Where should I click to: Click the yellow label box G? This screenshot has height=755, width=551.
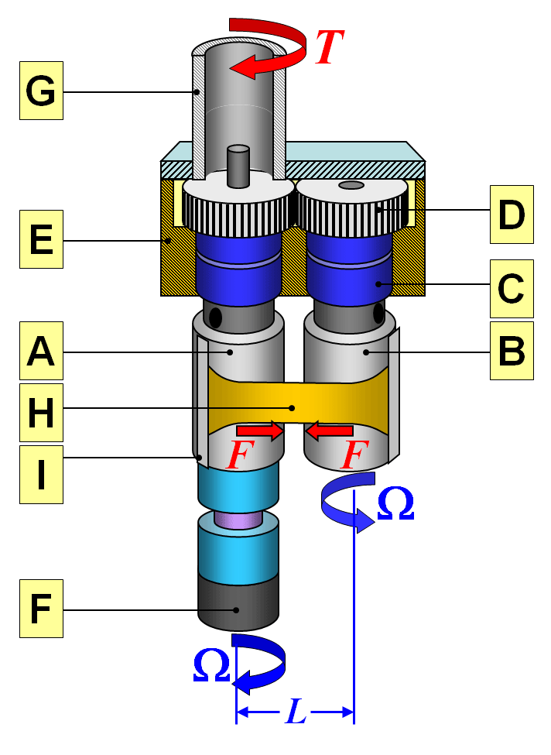click(x=41, y=92)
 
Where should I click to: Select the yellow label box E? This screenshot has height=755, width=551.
click(x=41, y=241)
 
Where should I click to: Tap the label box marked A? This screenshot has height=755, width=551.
click(x=41, y=352)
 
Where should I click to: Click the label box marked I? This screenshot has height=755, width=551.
click(x=41, y=473)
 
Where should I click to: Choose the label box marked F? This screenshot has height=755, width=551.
click(x=41, y=609)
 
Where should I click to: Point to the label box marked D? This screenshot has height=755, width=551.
click(x=512, y=214)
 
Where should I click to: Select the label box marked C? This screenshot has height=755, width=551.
click(x=512, y=288)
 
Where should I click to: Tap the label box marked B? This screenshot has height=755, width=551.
click(x=512, y=352)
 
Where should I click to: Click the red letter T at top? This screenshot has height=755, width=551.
click(x=328, y=48)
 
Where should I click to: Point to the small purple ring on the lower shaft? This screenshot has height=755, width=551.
click(x=238, y=520)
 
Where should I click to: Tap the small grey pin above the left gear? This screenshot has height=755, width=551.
click(x=238, y=165)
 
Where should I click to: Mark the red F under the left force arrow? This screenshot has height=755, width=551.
click(x=238, y=456)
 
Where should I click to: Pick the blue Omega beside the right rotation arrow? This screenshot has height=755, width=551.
click(x=395, y=504)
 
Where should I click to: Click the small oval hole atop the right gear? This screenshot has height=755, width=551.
click(x=351, y=185)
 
